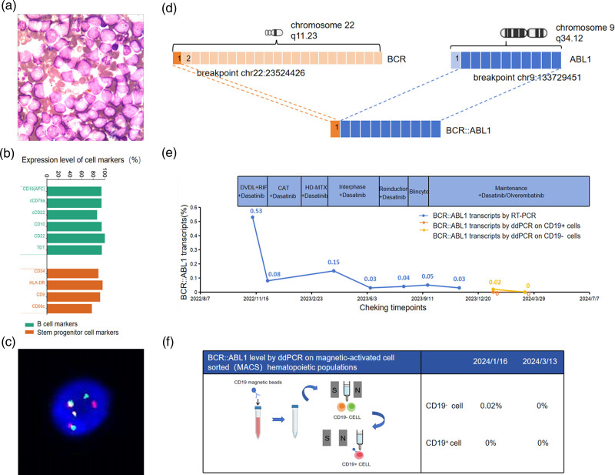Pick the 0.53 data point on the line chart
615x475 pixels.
tap(253, 217)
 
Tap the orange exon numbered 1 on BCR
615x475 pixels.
tap(178, 58)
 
